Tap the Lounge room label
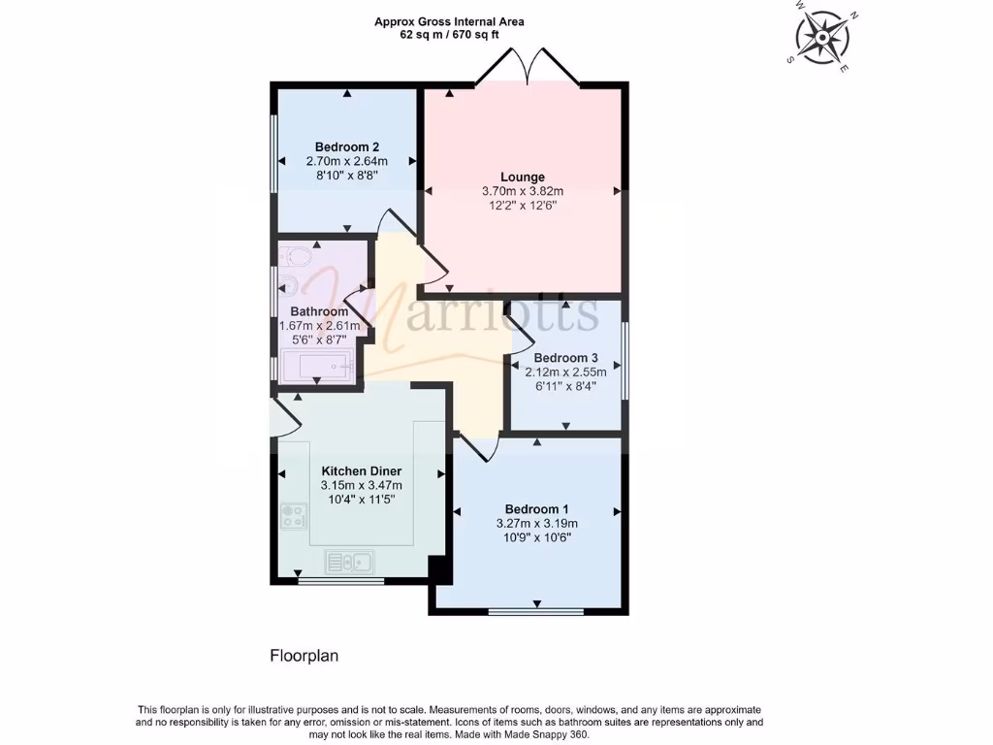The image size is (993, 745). coord(523,177)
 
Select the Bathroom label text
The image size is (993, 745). coord(319,311)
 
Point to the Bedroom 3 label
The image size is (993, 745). coord(565,357)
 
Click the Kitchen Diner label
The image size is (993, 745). coord(361,470)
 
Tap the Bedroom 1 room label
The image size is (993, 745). coord(536,509)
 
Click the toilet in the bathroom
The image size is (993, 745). coord(296,256)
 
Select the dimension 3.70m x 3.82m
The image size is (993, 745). coord(523,191)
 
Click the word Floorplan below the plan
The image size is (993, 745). coord(304,656)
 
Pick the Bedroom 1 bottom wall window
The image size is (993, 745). coord(535,612)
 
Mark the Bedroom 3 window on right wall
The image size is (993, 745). coord(625,360)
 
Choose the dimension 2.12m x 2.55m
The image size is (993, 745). coord(565,372)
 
